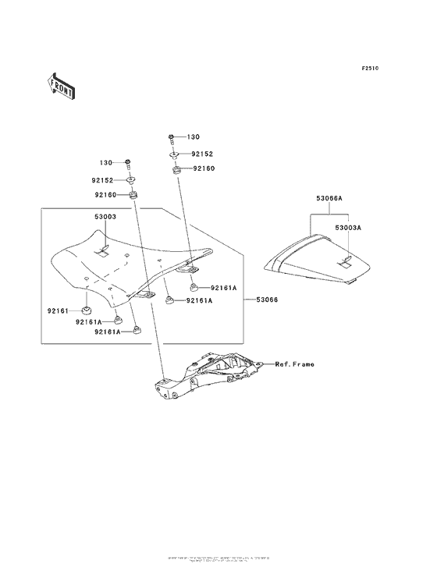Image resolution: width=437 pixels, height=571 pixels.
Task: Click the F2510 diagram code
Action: click(x=369, y=69)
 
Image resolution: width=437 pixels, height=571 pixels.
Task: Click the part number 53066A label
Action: click(x=329, y=199)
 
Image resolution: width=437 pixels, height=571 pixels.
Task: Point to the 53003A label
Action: click(x=348, y=228)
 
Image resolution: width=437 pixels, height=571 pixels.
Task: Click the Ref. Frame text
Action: click(x=293, y=364)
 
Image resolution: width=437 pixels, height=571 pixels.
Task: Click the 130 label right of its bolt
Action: click(x=194, y=137)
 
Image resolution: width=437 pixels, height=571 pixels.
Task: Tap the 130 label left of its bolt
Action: click(x=108, y=163)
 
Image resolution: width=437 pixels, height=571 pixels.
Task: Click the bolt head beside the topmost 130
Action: click(x=171, y=139)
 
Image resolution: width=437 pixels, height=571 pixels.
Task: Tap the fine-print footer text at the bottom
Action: click(x=218, y=559)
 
